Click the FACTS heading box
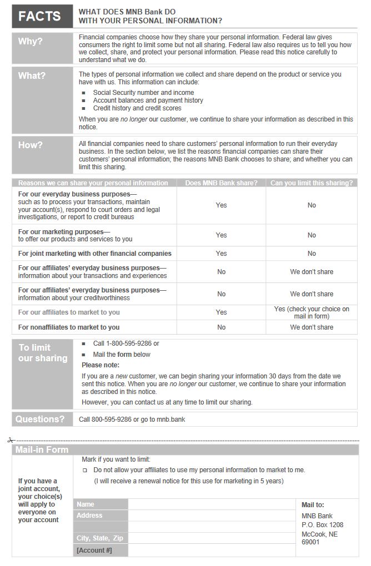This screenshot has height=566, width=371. pos(42,16)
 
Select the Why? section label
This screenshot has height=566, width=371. pos(30,42)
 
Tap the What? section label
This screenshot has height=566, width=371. pos(32,75)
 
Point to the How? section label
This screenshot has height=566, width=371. pos(30,145)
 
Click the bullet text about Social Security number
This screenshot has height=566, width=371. pos(143,93)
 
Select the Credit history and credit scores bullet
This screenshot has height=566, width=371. pos(137,108)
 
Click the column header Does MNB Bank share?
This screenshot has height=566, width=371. pos(221,183)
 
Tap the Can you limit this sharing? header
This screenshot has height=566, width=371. pos(311,183)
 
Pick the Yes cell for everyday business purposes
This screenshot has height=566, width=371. pos(221,205)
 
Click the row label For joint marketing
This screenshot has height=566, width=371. pos(94,254)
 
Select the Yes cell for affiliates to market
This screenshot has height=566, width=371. pos(221,312)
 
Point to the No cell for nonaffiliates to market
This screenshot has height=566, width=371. pos(221,327)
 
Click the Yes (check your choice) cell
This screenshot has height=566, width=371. pos(312,312)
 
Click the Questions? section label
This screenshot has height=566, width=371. pos(40,419)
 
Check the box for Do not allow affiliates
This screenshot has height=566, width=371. pos(85,470)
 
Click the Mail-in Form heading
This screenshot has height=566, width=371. pos(42,450)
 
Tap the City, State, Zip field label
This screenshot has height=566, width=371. pos(100,538)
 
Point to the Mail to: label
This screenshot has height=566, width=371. pos(313,505)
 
